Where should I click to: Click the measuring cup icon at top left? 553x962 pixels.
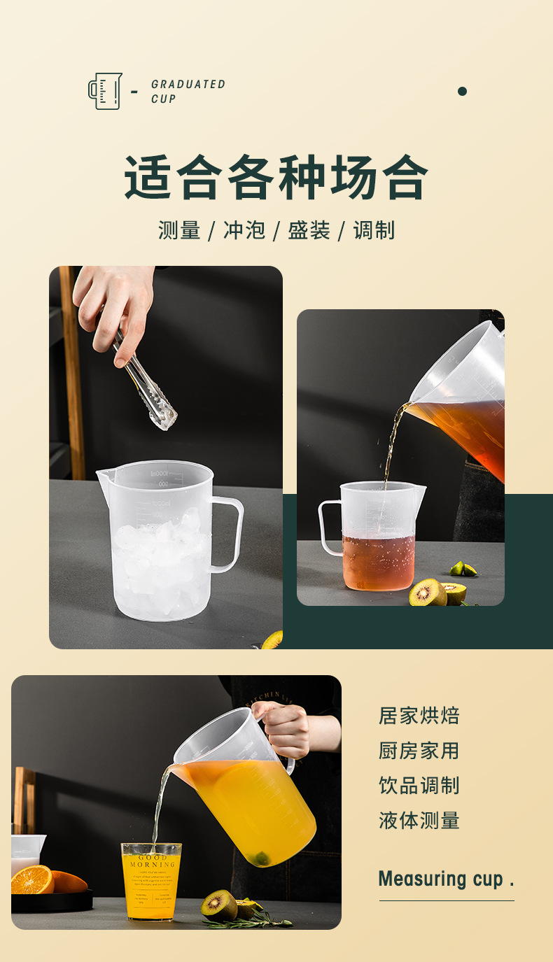pos(105,91)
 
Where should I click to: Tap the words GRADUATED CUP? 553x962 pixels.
pos(188,91)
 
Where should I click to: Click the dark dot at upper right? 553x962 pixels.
pos(462,91)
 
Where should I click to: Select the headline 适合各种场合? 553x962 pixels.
pos(276,178)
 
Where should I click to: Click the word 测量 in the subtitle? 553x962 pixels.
pos(179,230)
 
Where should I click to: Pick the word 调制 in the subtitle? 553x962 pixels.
pos(374,230)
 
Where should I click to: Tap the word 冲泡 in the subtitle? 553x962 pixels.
pos(244,230)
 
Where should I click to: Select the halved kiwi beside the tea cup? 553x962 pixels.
pos(428,593)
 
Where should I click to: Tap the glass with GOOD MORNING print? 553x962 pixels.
pos(151,880)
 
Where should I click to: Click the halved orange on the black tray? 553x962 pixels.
pos(32,879)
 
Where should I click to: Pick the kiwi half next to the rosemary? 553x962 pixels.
pos(219,905)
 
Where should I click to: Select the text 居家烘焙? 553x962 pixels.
pos(419,716)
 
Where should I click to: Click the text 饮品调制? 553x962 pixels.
pos(419,785)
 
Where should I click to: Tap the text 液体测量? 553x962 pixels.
pos(419,820)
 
